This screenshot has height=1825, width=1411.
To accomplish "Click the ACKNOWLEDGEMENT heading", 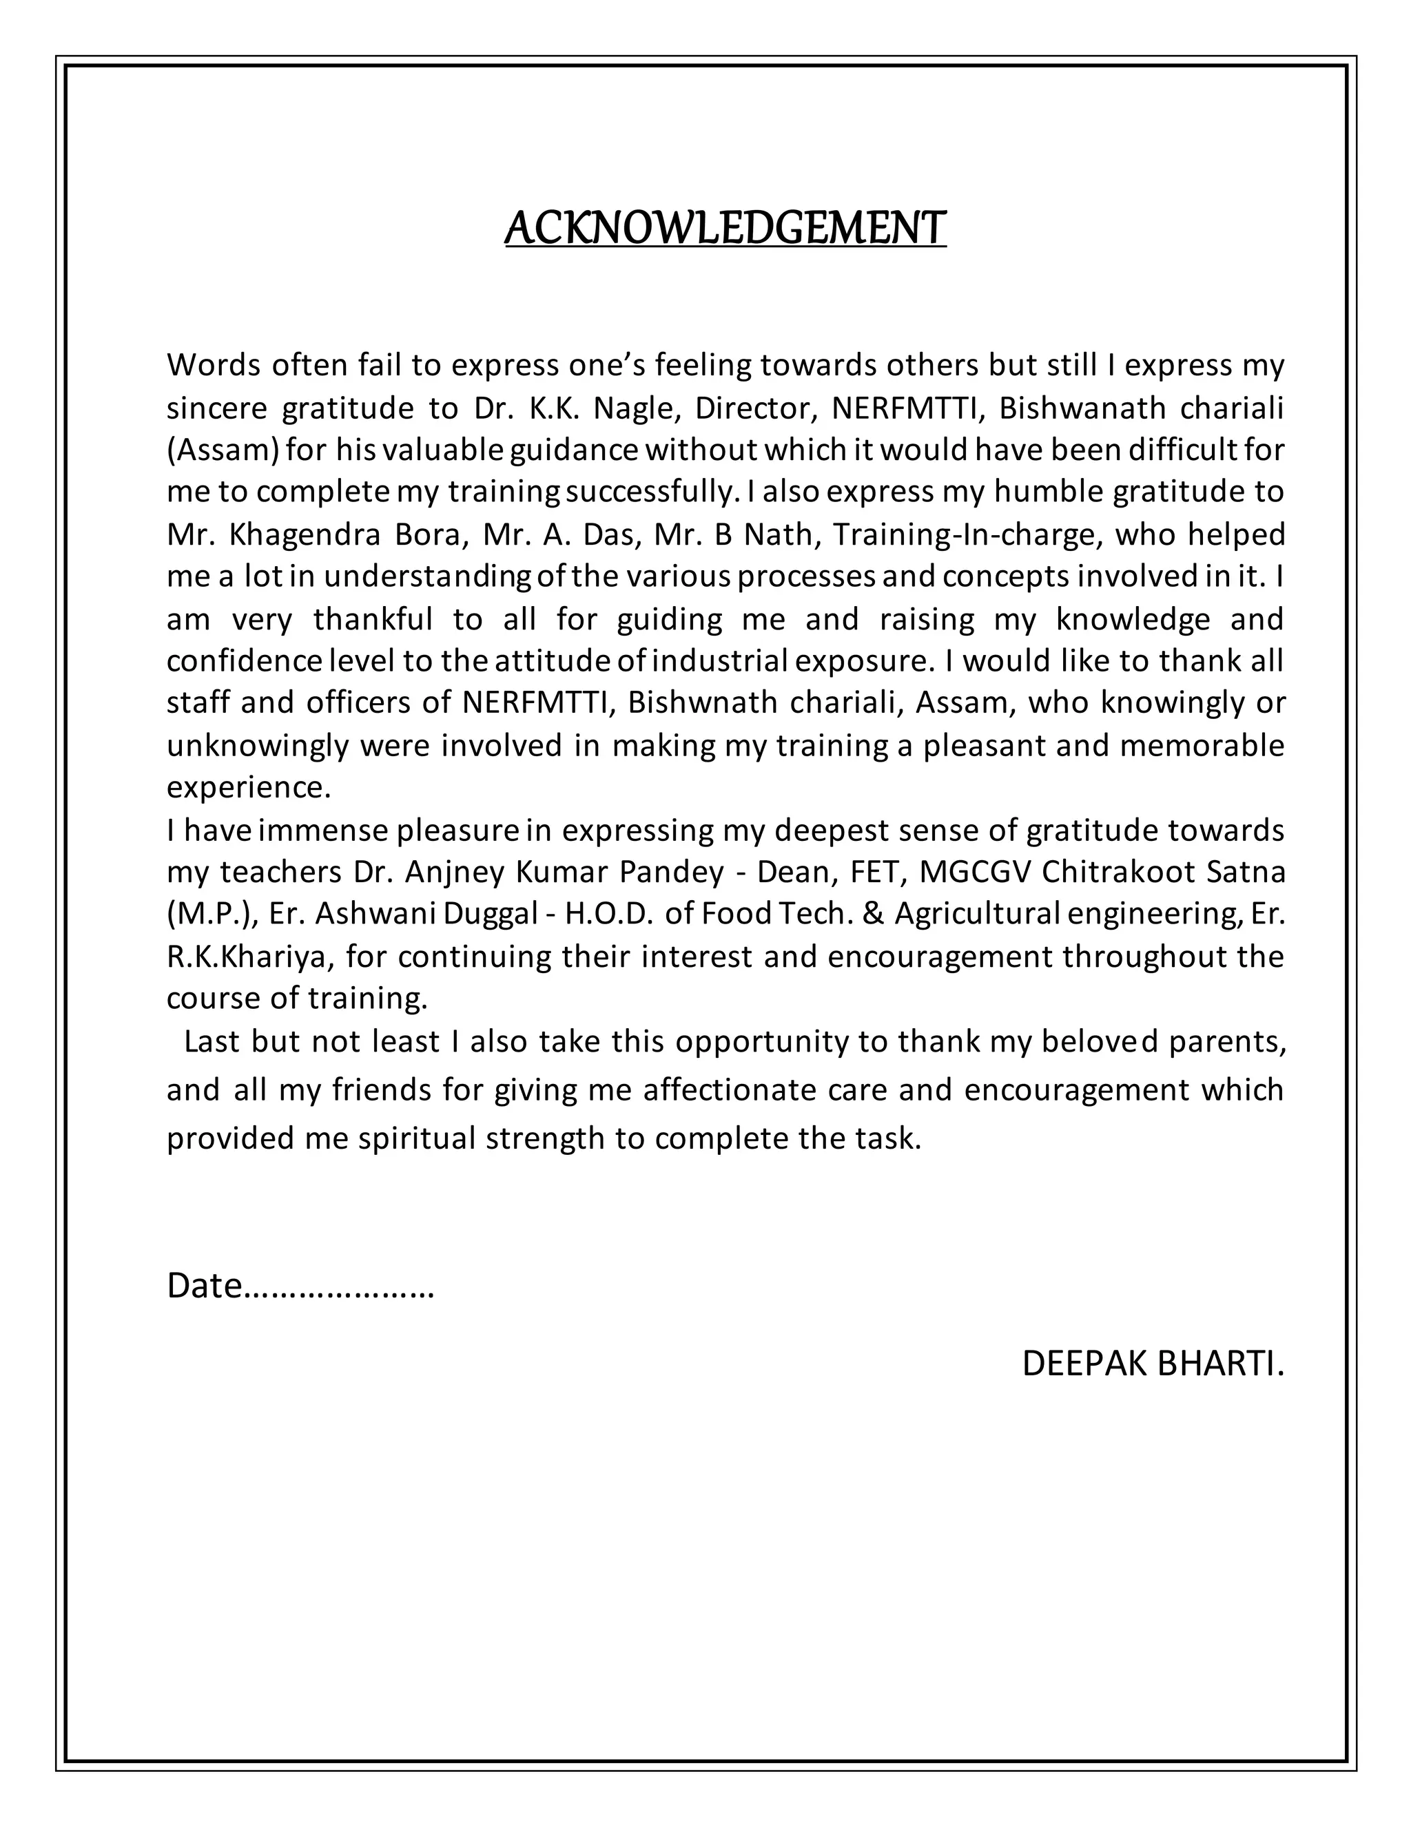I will click(x=725, y=228).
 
